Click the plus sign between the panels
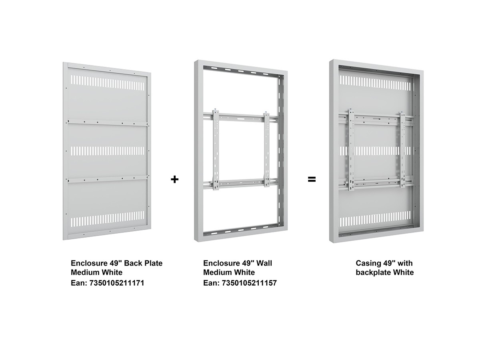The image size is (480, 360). (174, 180)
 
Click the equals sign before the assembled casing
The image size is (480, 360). (312, 180)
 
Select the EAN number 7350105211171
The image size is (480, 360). (117, 283)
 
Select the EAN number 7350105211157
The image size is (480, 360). (249, 283)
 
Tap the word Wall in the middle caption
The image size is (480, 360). (264, 263)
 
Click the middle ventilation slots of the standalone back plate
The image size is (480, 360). (107, 151)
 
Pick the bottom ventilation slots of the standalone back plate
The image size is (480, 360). (107, 218)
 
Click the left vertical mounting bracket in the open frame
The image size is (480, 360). (216, 150)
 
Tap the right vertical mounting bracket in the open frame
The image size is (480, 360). (266, 150)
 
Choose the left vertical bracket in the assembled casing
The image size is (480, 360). (352, 150)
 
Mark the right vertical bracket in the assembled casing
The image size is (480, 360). (402, 150)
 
